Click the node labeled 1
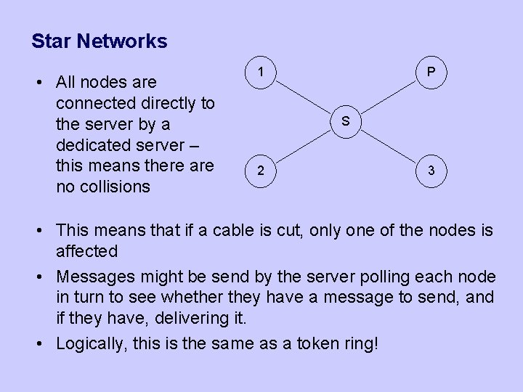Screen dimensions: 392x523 click(x=260, y=73)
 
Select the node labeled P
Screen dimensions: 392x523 click(x=431, y=73)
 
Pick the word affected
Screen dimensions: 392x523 click(x=86, y=251)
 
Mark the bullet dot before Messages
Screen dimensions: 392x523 click(x=45, y=277)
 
